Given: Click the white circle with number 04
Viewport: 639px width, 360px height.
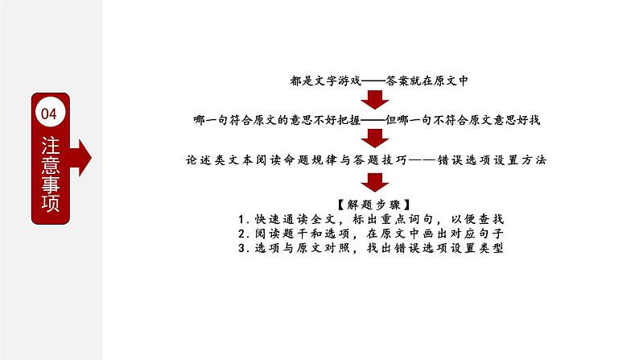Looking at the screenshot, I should (x=49, y=114).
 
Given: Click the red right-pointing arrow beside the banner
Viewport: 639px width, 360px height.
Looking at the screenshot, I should (x=84, y=155).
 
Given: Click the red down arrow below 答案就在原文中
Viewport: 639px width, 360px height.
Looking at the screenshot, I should (x=373, y=100).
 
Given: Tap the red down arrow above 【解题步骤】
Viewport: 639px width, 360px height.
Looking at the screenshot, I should (x=373, y=180).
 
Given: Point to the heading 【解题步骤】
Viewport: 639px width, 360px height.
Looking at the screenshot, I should (x=372, y=203).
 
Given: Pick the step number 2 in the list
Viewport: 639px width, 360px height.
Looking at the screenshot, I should (x=242, y=234).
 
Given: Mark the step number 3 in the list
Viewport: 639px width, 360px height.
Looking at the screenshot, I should (x=242, y=248).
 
